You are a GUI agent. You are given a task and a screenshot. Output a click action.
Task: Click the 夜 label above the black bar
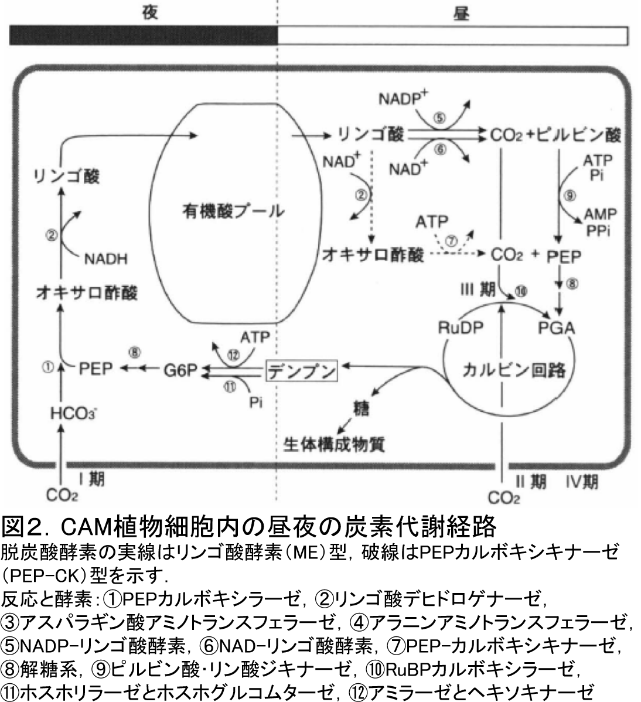[151, 13]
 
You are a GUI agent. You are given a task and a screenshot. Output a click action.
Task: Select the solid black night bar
[144, 36]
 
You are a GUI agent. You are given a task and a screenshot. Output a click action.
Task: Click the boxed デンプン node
[302, 370]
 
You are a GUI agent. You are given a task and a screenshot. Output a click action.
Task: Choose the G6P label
[179, 370]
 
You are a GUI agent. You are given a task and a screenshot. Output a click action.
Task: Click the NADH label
[106, 258]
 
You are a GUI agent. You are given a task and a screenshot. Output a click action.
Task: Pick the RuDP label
[461, 328]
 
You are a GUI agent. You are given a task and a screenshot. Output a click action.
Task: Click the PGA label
[556, 328]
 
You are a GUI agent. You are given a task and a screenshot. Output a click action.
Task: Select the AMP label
[599, 214]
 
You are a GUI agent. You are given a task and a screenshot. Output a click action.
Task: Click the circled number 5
[439, 117]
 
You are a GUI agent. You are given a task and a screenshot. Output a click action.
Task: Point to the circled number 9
[568, 196]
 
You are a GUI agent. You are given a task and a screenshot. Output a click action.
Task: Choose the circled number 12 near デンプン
[234, 354]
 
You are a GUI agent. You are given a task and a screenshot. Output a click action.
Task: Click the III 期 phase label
[479, 291]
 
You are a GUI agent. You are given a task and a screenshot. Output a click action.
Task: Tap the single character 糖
[360, 408]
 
